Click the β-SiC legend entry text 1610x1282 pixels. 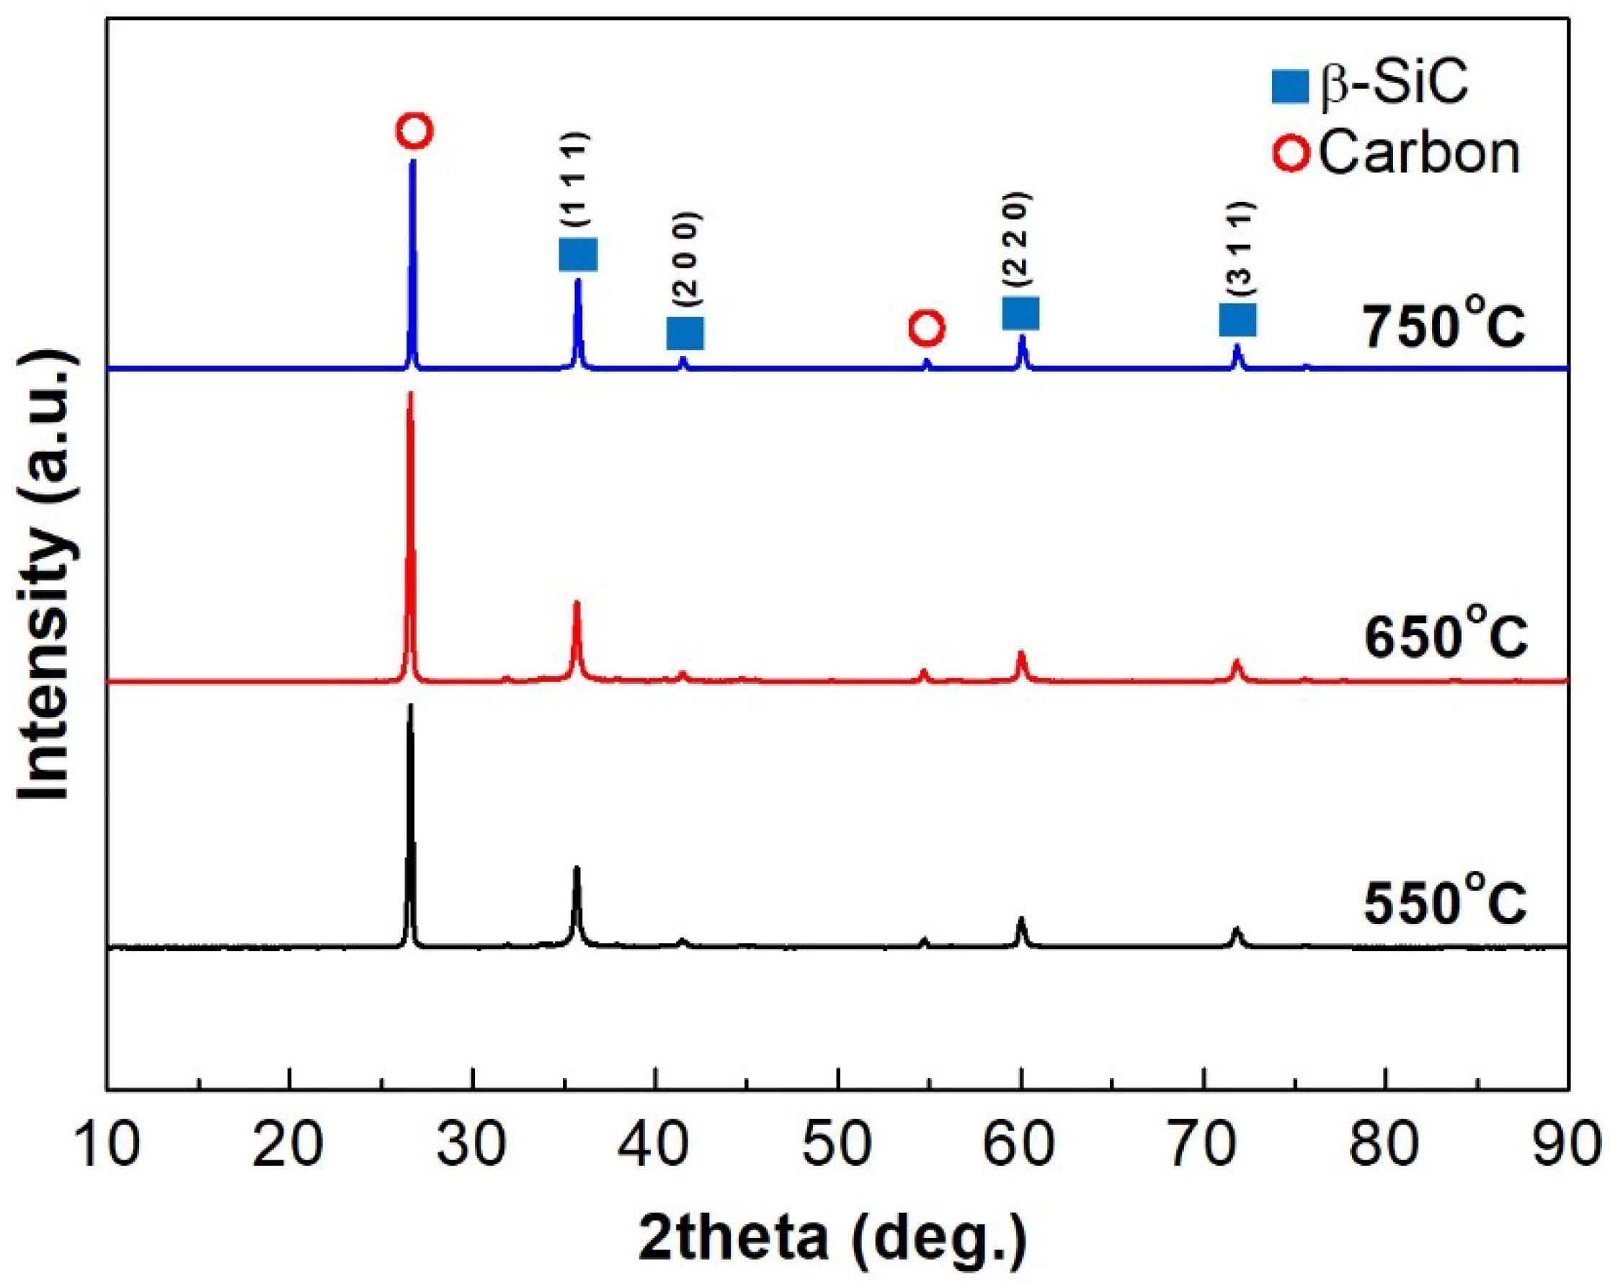[x=1394, y=84]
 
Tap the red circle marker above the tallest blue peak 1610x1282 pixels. [x=414, y=131]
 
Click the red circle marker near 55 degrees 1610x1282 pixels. [x=927, y=328]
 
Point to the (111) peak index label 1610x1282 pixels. [x=577, y=179]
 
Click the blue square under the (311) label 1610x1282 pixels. [x=1238, y=320]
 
